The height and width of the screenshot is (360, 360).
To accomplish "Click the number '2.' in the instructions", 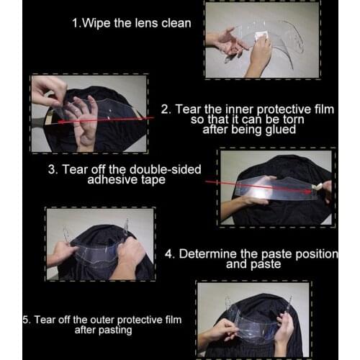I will click(166, 109).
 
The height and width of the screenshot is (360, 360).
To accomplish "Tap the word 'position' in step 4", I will click(313, 253).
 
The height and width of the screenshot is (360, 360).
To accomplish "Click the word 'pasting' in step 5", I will click(115, 330).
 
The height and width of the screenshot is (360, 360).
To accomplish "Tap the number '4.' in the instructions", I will click(169, 253).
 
